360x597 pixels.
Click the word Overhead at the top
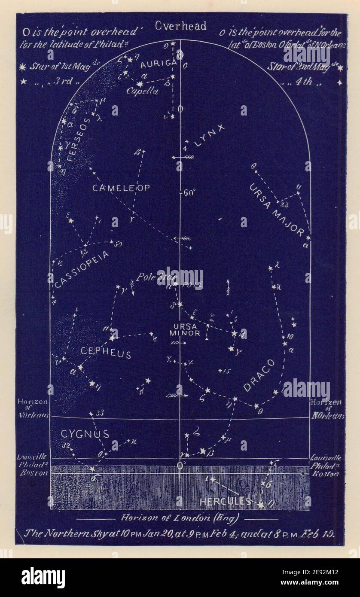tap(180, 26)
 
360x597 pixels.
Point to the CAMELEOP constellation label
tap(115, 188)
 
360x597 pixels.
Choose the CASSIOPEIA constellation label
tap(82, 270)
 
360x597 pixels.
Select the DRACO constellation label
tap(259, 375)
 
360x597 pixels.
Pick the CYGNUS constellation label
tap(85, 434)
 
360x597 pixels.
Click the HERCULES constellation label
tap(225, 501)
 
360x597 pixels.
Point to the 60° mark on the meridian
tap(189, 193)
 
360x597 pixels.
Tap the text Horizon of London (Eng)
tap(180, 518)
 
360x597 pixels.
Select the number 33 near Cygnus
tap(100, 413)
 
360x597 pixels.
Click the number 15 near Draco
tap(227, 370)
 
